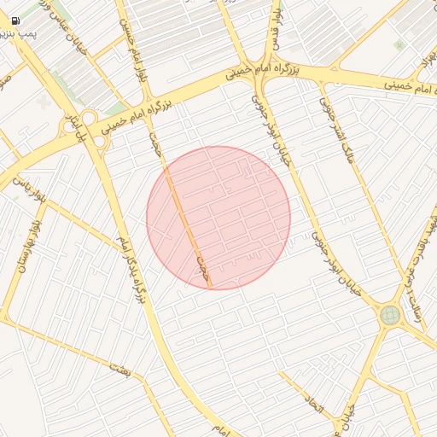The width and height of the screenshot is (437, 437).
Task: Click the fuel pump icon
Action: point(16,20)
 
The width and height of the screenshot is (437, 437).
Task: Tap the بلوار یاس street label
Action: point(27,187)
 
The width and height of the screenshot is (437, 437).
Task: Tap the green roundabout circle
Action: point(390,316)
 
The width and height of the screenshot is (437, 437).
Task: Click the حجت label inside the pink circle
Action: point(201,266)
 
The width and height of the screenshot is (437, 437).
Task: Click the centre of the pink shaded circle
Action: point(218,218)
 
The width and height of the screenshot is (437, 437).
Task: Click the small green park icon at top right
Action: point(399,44)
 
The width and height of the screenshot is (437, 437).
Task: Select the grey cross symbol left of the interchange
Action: point(44,102)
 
